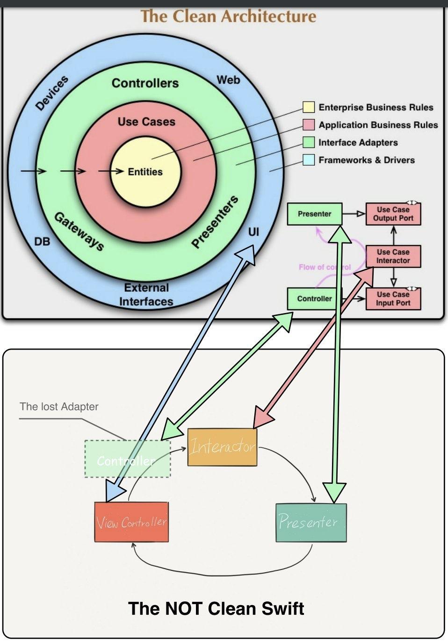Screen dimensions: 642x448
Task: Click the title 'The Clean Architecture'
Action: [x=228, y=16]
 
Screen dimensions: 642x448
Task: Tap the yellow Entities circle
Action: [x=145, y=172]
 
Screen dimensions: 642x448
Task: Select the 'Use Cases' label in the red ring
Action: [x=146, y=122]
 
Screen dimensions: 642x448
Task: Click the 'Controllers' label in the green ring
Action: [x=145, y=83]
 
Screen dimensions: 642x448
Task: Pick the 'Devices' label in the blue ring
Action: [x=52, y=93]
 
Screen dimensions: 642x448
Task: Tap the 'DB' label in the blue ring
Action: [x=42, y=241]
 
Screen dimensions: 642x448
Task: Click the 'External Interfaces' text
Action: [x=146, y=295]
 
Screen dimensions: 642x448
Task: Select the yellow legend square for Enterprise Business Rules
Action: [x=308, y=107]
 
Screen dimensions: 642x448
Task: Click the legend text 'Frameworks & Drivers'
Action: [x=367, y=160]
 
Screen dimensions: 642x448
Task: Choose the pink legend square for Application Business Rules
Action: [x=308, y=124]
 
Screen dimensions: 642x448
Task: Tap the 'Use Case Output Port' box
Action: [x=393, y=214]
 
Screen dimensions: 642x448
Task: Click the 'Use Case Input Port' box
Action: [x=393, y=299]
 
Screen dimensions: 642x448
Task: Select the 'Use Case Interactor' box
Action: [x=393, y=256]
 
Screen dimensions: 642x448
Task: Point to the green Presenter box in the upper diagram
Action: [x=314, y=214]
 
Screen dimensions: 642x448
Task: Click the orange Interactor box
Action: [x=222, y=447]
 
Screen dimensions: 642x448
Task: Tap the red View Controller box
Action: [x=131, y=522]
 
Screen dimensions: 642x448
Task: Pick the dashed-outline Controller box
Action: [x=127, y=459]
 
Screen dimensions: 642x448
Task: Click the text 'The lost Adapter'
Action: [x=59, y=407]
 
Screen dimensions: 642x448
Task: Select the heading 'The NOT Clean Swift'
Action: [x=216, y=608]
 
